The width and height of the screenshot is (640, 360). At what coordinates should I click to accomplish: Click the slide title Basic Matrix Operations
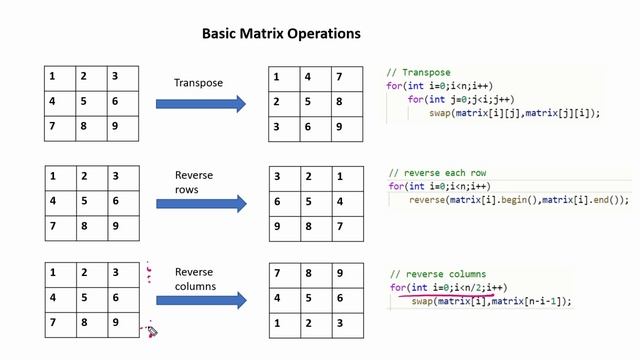(281, 33)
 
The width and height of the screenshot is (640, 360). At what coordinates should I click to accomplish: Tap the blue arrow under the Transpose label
(201, 104)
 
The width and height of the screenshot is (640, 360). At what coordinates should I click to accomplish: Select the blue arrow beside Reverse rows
(201, 204)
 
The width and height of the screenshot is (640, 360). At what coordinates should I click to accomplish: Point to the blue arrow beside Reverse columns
(201, 300)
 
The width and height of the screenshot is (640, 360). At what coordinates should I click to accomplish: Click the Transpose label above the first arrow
(198, 83)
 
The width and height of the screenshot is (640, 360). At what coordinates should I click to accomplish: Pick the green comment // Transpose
(418, 73)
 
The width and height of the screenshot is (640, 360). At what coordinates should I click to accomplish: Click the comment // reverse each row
(438, 173)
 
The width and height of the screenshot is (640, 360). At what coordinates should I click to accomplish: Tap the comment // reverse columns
(438, 274)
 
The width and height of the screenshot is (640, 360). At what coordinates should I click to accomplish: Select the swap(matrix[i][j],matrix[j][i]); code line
(515, 113)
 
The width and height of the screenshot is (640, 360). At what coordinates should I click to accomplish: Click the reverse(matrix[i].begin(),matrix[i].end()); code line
(519, 200)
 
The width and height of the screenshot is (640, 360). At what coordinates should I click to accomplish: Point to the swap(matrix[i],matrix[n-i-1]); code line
(492, 302)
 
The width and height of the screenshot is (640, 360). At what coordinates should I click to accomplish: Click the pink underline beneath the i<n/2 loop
(447, 294)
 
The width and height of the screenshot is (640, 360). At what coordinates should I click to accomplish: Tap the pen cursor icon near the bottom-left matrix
(152, 331)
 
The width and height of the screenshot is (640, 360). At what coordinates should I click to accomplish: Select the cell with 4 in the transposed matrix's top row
(316, 79)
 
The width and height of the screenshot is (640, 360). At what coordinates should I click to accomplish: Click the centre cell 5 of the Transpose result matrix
(316, 104)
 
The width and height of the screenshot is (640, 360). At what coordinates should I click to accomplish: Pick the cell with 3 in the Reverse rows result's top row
(285, 179)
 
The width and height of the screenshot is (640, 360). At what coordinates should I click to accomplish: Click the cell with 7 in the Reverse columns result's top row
(285, 276)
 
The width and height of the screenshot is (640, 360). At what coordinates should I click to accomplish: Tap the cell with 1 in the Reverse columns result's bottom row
(285, 326)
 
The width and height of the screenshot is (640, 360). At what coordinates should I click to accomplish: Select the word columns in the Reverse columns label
(195, 287)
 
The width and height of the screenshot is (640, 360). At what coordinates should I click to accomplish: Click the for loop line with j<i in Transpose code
(461, 100)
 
